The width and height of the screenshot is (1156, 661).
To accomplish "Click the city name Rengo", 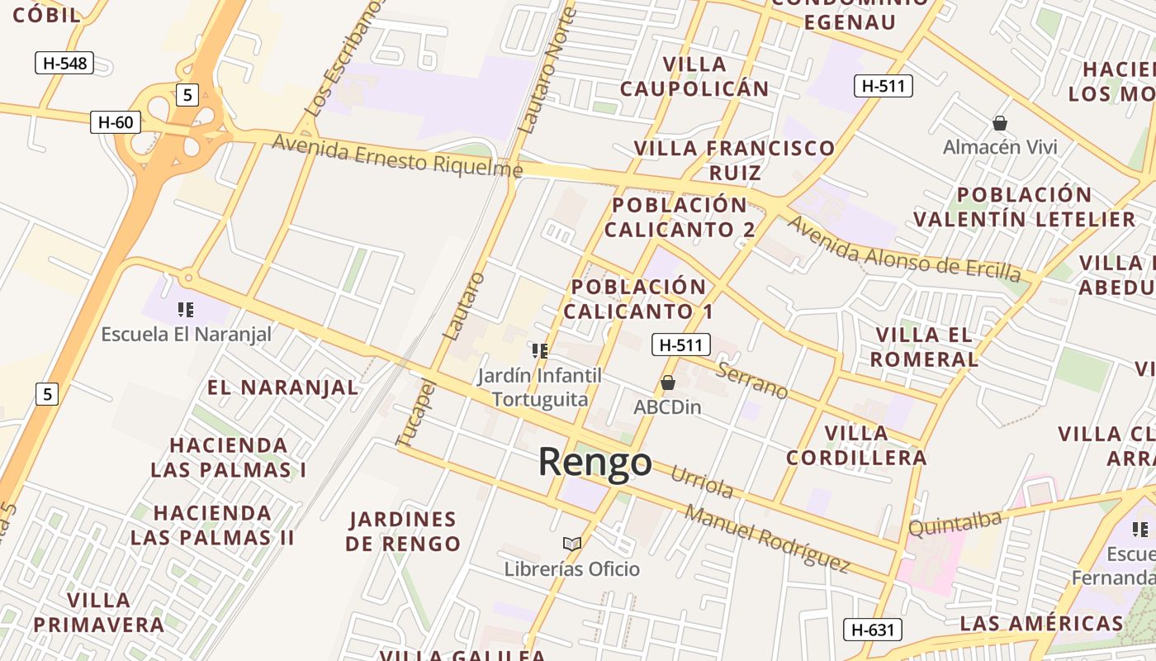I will pos(595,462).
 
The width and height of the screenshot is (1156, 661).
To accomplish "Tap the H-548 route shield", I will pos(64,63).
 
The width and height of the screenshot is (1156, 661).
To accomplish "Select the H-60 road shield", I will pos(116,122).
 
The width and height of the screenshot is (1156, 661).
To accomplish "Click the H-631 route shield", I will pos(872,630).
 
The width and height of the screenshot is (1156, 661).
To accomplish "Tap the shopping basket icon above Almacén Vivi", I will pos(1000,123).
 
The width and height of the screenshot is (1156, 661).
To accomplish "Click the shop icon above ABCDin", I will pos(668,383).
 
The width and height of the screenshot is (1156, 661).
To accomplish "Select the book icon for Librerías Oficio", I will pos(571,543).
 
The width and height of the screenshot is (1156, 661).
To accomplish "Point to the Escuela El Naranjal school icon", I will pos(186,310).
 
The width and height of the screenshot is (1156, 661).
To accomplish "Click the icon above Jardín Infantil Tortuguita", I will pos(540,351).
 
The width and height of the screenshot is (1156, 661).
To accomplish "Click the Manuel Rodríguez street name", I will pos(767,539).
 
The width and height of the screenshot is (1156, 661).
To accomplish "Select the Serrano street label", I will pos(751,380).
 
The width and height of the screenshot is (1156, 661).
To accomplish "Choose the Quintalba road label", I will pos(955,522).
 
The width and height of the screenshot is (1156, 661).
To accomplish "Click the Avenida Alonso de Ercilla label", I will pos(903,249).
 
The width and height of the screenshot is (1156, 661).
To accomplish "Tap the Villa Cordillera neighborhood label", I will pos(856,445).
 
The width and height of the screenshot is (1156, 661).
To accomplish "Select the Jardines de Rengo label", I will pos(403,531).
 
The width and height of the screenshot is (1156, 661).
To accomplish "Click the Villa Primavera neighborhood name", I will pos(99,612).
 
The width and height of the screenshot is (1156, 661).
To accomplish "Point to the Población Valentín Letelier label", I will pos(1025,207).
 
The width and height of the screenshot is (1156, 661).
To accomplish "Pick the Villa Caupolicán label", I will pos(694,76).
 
